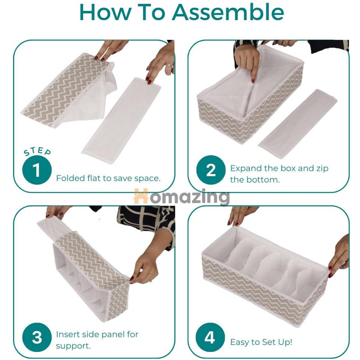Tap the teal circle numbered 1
pyautogui.click(x=37, y=171)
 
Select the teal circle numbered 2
pyautogui.click(x=211, y=171)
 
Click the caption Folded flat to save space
pyautogui.click(x=108, y=178)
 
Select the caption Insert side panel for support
pyautogui.click(x=97, y=340)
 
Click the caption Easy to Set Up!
pyautogui.click(x=261, y=342)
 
